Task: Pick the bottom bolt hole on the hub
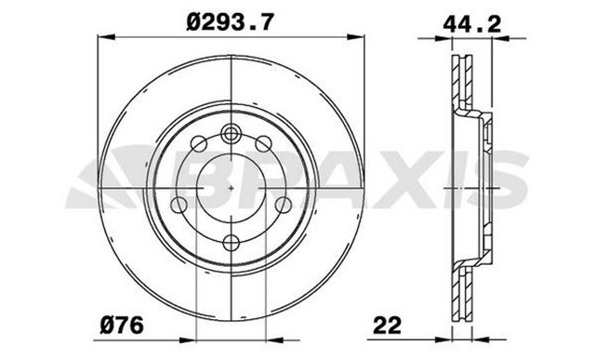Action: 231,244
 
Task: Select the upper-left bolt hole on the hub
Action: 198,143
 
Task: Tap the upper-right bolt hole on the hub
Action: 265,142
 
